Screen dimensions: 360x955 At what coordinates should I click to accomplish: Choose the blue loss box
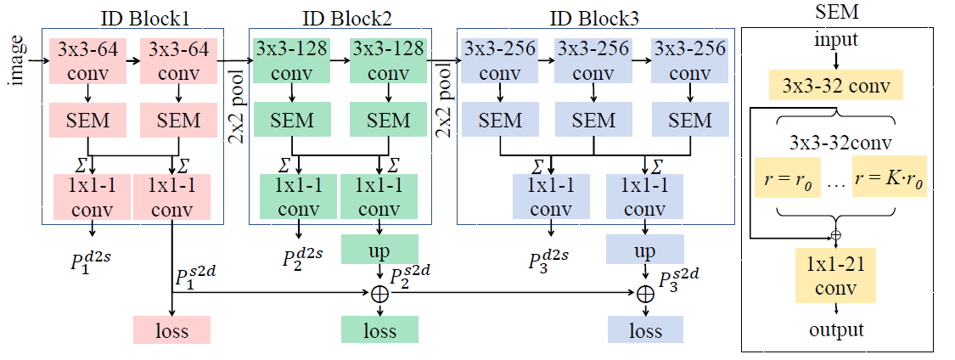645,329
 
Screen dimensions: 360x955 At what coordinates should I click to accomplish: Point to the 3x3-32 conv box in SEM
836,86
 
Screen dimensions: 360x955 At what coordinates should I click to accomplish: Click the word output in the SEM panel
835,329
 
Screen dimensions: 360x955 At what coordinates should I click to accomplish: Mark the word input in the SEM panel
835,40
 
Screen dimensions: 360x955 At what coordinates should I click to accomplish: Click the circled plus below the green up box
379,293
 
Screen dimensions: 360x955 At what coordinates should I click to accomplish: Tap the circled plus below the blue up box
645,293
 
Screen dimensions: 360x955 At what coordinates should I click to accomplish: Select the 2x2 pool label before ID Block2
236,98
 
